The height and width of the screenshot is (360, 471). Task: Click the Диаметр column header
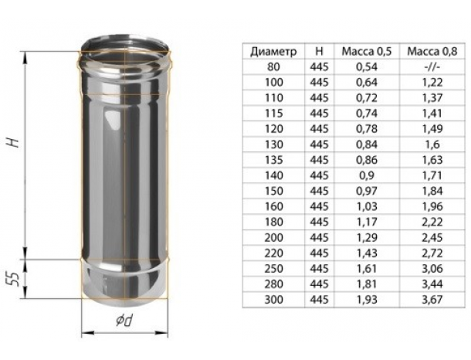[x=273, y=52]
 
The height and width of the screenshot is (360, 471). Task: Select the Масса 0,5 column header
[x=367, y=52]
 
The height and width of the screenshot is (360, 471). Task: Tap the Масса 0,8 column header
[x=432, y=52]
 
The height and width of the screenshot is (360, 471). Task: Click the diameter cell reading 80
[x=273, y=66]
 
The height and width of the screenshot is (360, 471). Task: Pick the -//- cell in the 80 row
[x=432, y=66]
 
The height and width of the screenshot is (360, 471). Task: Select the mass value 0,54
[x=367, y=66]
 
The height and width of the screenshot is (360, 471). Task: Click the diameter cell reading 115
[x=273, y=114]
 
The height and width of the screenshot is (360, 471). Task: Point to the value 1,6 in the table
[x=432, y=144]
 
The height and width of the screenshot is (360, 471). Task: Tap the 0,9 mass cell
[x=367, y=175]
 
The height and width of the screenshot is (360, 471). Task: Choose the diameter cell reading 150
[x=273, y=191]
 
